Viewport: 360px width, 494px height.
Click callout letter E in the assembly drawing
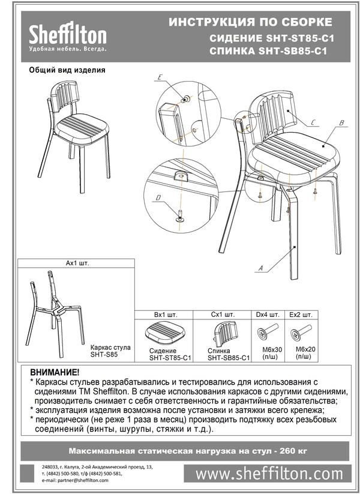coord(160,77)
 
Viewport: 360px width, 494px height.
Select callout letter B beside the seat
coord(340,124)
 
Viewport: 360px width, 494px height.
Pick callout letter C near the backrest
coord(313,122)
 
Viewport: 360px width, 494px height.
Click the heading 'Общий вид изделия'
coord(67,70)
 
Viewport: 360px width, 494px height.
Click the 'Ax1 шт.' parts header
coord(77,263)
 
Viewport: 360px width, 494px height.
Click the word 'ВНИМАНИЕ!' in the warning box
coord(55,373)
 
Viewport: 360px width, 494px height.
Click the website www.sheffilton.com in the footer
coord(269,474)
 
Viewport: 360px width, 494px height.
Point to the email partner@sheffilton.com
coord(76,480)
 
